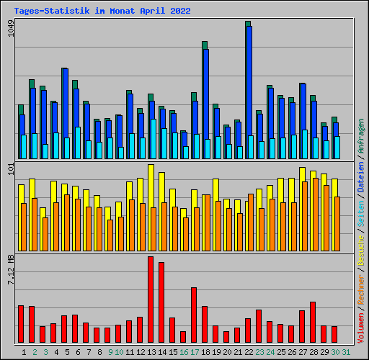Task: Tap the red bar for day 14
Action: click(161, 302)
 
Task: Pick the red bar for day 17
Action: click(194, 315)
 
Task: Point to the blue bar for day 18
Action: click(205, 94)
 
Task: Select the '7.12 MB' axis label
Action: click(10, 270)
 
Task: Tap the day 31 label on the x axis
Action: click(346, 352)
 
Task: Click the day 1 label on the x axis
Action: click(24, 352)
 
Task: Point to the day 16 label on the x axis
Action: click(184, 352)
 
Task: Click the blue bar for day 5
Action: click(65, 101)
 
